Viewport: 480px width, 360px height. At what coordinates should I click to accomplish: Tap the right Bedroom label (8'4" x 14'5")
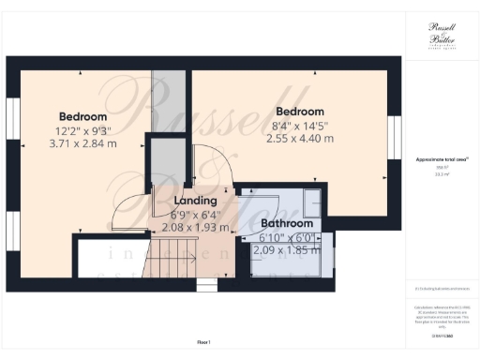pos(300,112)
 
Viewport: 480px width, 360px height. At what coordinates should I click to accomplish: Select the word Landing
pos(196,201)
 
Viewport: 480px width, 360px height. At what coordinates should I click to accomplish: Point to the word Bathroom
pos(286,224)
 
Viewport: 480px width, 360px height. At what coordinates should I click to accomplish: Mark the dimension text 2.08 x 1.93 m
pos(196,228)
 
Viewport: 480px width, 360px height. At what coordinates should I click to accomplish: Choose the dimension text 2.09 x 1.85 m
pos(286,250)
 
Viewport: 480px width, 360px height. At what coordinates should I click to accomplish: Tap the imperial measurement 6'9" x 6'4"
pos(196,215)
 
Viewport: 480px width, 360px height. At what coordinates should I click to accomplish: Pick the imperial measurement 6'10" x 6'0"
pos(286,238)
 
